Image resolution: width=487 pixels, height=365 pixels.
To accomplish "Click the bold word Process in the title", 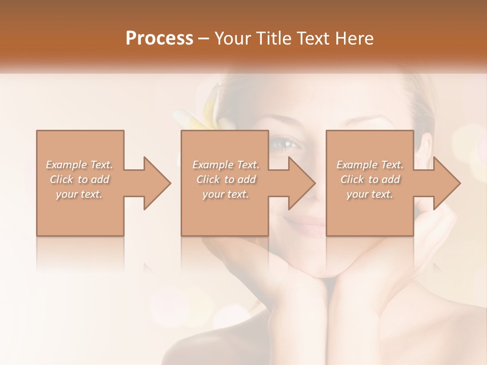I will [x=159, y=39].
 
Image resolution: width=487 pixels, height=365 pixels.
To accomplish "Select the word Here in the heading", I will [x=355, y=39].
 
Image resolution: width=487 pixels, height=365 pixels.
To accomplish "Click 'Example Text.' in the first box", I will [x=79, y=165].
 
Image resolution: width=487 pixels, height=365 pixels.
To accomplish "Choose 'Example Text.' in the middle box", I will [x=225, y=165].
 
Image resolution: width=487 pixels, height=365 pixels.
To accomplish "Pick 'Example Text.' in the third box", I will [x=370, y=165].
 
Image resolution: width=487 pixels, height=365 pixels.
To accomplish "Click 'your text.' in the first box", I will [x=79, y=194].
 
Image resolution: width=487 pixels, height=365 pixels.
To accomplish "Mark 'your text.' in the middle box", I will [x=225, y=194].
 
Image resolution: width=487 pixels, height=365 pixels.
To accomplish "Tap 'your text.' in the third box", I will [x=370, y=194].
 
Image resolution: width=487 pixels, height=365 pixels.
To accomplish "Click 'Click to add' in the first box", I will [x=79, y=179].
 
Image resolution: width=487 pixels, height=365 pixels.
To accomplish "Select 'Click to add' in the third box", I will [x=370, y=179].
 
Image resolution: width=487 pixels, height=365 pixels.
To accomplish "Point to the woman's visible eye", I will [x=285, y=144].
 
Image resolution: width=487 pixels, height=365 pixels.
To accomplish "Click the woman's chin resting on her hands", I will [x=325, y=266].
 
